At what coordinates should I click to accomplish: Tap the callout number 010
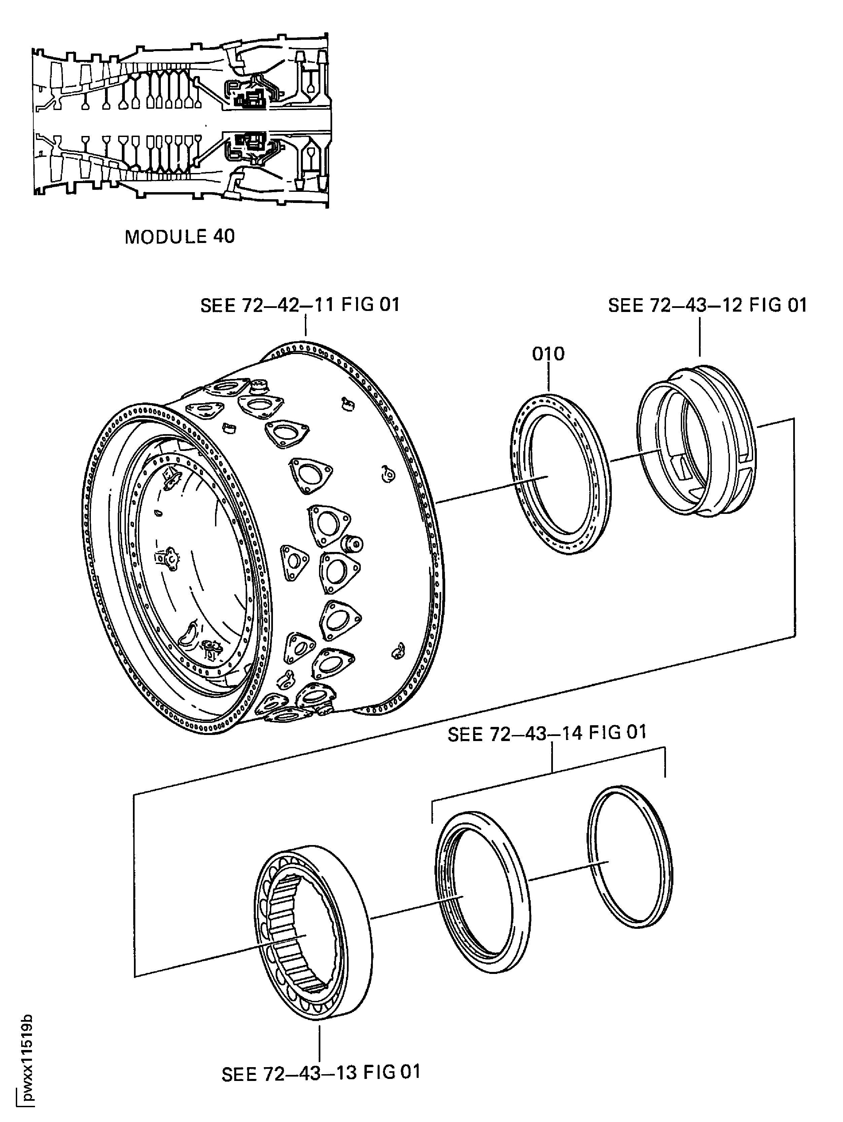click(x=548, y=354)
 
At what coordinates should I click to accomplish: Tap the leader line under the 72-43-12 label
click(x=699, y=337)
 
